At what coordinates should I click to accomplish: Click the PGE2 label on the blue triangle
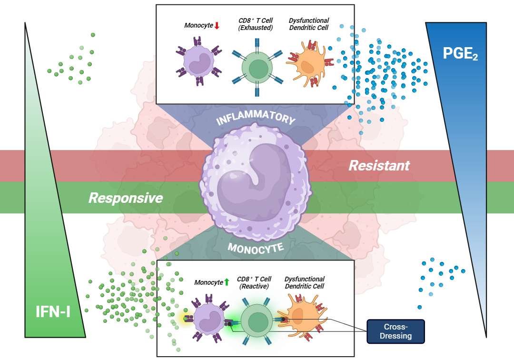pyautogui.click(x=460, y=54)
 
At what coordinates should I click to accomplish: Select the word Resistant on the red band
pyautogui.click(x=379, y=166)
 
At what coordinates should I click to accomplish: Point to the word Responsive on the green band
pyautogui.click(x=126, y=198)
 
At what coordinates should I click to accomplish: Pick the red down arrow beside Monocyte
pyautogui.click(x=217, y=25)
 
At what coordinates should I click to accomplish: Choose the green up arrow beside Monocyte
pyautogui.click(x=227, y=282)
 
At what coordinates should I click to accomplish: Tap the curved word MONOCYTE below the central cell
pyautogui.click(x=256, y=248)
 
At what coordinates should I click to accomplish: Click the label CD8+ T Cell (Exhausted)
pyautogui.click(x=256, y=24)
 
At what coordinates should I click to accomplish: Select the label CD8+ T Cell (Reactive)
pyautogui.click(x=255, y=282)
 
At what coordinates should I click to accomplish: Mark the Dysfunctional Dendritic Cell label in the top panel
pyautogui.click(x=309, y=24)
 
